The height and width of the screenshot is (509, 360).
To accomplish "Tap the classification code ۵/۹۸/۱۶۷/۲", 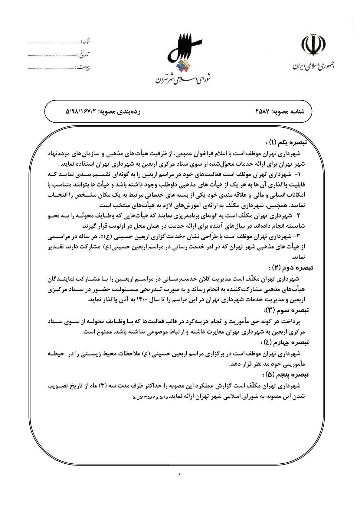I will pyautogui.click(x=80, y=112).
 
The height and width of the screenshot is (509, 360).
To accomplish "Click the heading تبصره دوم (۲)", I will pyautogui.click(x=290, y=267).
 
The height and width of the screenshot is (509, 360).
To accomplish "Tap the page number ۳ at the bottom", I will pyautogui.click(x=180, y=475).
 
